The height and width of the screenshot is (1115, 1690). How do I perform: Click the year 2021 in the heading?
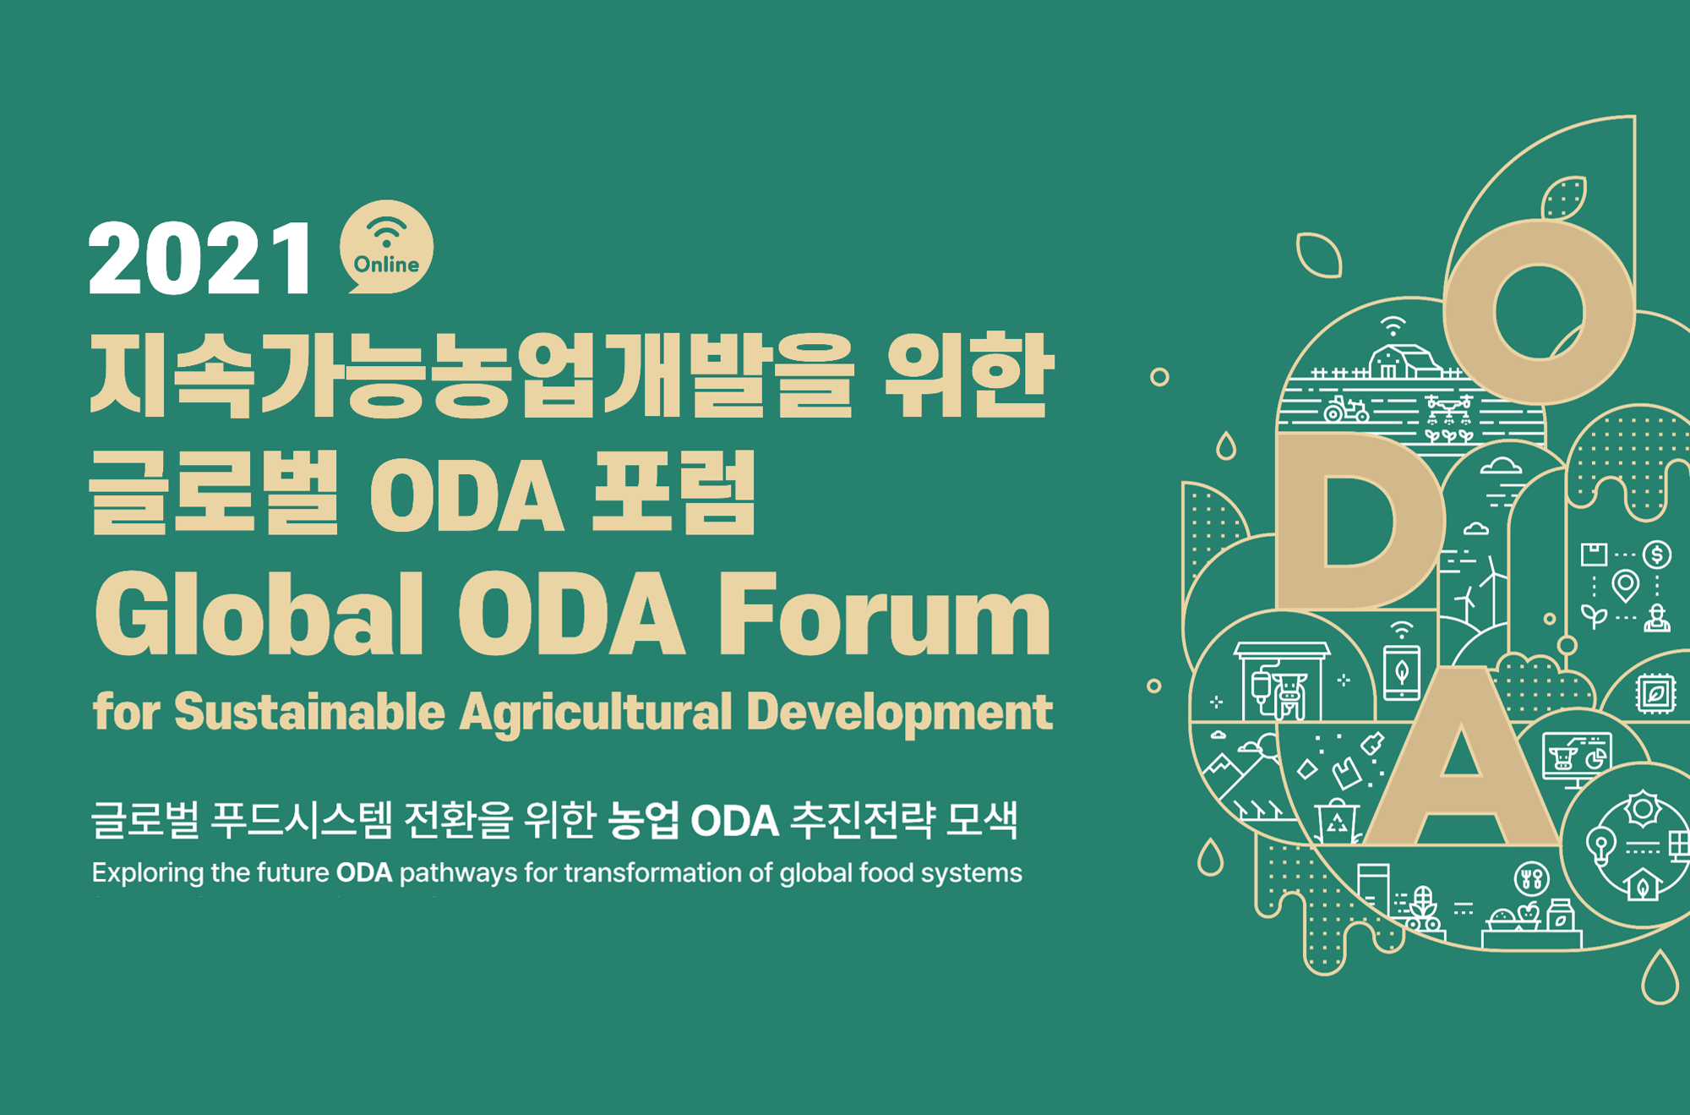200,258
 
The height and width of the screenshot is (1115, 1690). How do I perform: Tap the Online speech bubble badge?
386,247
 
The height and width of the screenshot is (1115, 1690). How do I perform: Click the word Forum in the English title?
884,615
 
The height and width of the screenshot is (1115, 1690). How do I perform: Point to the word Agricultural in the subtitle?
597,713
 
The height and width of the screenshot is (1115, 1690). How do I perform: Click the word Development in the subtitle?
900,713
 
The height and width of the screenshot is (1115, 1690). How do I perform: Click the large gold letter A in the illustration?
1463,757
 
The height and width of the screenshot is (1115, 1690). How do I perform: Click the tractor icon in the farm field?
1345,410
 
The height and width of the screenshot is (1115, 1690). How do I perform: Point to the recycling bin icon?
1337,819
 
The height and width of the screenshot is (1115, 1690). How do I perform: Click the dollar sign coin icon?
1657,555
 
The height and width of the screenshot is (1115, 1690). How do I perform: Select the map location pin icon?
1626,586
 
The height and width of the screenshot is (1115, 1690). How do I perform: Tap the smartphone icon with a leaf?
1402,673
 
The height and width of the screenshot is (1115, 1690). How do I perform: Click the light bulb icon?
1601,845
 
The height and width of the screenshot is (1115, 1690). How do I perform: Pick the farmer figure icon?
1657,618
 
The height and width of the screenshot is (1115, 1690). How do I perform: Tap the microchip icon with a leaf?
1655,694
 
